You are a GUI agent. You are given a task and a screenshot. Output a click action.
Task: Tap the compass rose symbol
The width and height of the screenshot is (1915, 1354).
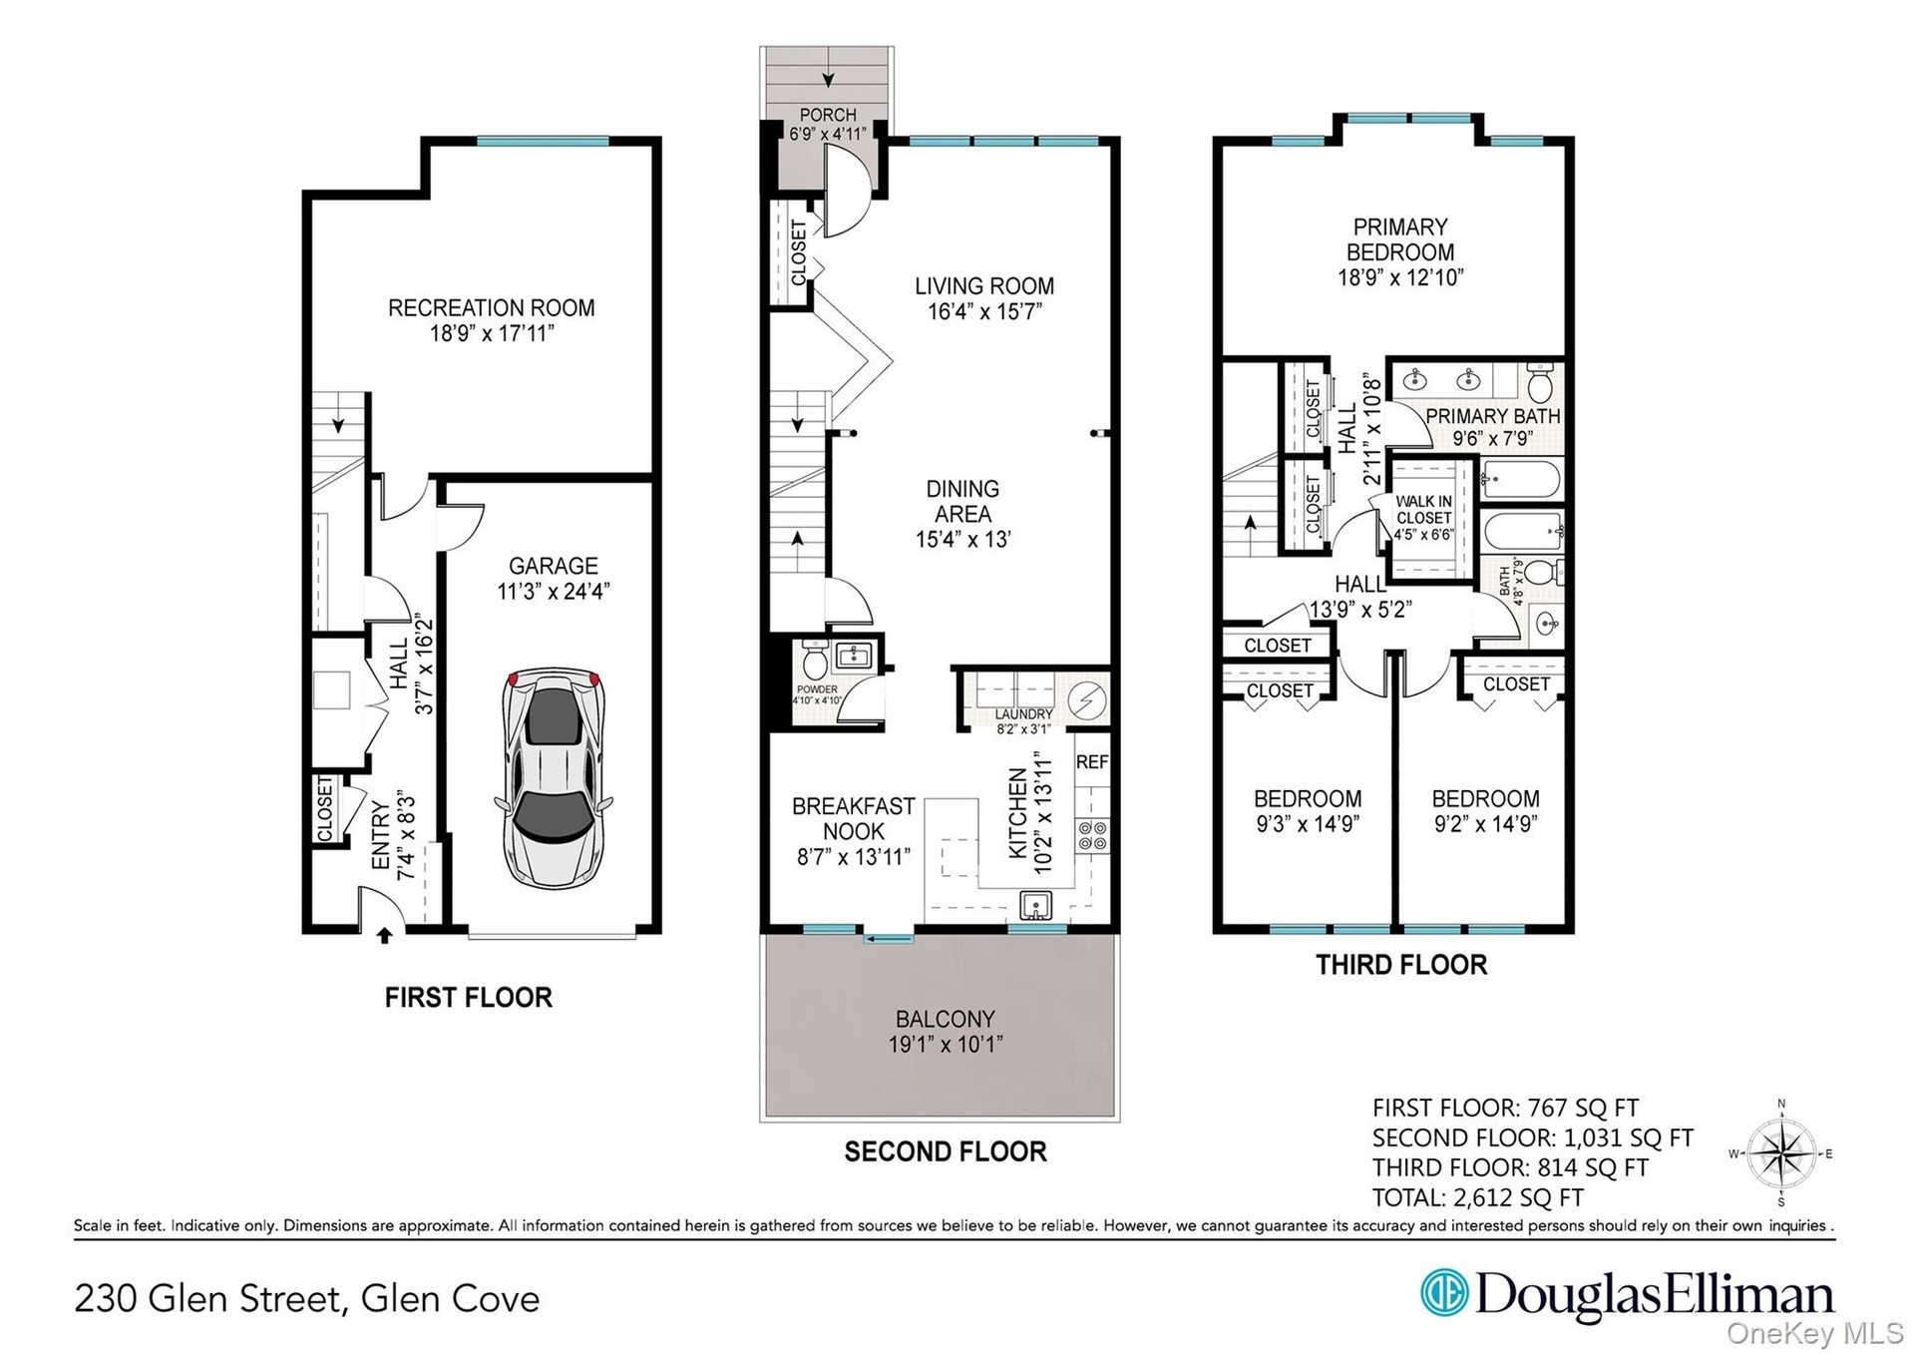pyautogui.click(x=1781, y=1153)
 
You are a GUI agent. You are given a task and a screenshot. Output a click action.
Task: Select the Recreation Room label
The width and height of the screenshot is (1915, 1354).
pyautogui.click(x=492, y=308)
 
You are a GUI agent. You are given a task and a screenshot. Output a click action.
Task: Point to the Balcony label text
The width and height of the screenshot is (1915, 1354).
pyautogui.click(x=946, y=1019)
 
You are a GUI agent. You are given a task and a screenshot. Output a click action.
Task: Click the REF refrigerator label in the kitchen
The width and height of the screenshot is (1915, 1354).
pyautogui.click(x=1092, y=761)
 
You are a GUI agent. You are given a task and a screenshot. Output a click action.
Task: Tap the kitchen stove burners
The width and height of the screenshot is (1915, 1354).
pyautogui.click(x=1092, y=835)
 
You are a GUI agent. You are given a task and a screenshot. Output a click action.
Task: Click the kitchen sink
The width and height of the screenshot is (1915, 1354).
pyautogui.click(x=1037, y=906)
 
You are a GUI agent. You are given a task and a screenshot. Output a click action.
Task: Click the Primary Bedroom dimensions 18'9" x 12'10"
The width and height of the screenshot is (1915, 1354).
pyautogui.click(x=1400, y=278)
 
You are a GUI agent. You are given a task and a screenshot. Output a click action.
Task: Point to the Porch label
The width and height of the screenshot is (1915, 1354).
pyautogui.click(x=828, y=115)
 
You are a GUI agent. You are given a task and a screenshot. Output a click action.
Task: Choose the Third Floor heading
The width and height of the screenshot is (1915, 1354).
pyautogui.click(x=1401, y=965)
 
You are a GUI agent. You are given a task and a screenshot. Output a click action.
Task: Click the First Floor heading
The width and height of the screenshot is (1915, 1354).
pyautogui.click(x=469, y=998)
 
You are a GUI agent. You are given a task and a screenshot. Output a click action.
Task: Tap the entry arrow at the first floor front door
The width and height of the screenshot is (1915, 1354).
pyautogui.click(x=384, y=935)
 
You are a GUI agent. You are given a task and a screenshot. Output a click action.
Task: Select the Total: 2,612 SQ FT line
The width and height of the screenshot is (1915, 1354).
pyautogui.click(x=1478, y=1197)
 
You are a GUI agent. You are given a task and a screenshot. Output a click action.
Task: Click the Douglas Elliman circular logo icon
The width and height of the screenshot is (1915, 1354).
pyautogui.click(x=1444, y=1293)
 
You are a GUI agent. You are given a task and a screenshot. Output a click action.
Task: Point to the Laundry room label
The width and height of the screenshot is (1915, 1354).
pyautogui.click(x=1023, y=714)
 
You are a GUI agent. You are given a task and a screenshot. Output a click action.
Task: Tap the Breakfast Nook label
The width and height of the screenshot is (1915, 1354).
pyautogui.click(x=854, y=818)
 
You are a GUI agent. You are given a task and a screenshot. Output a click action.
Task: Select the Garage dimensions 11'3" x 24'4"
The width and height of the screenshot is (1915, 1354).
pyautogui.click(x=554, y=592)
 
